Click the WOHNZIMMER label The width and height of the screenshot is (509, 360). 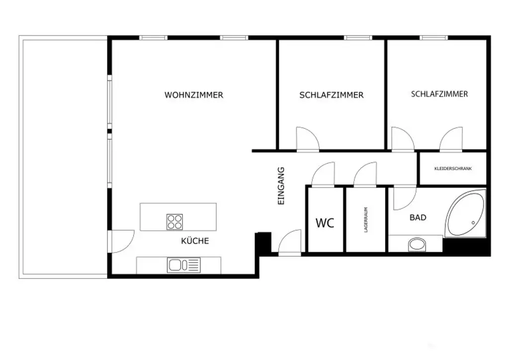[194, 95]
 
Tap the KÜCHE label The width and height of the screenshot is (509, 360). [195, 241]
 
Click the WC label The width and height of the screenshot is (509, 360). [325, 223]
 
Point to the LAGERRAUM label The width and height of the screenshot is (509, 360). [366, 220]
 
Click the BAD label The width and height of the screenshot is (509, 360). [418, 217]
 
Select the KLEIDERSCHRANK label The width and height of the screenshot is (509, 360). [453, 169]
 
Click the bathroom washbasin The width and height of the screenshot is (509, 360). [417, 244]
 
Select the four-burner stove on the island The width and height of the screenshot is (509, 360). [174, 222]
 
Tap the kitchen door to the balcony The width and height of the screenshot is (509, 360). [122, 242]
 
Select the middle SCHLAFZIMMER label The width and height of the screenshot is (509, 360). [332, 95]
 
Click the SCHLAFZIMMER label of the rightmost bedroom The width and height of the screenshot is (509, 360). [439, 93]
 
